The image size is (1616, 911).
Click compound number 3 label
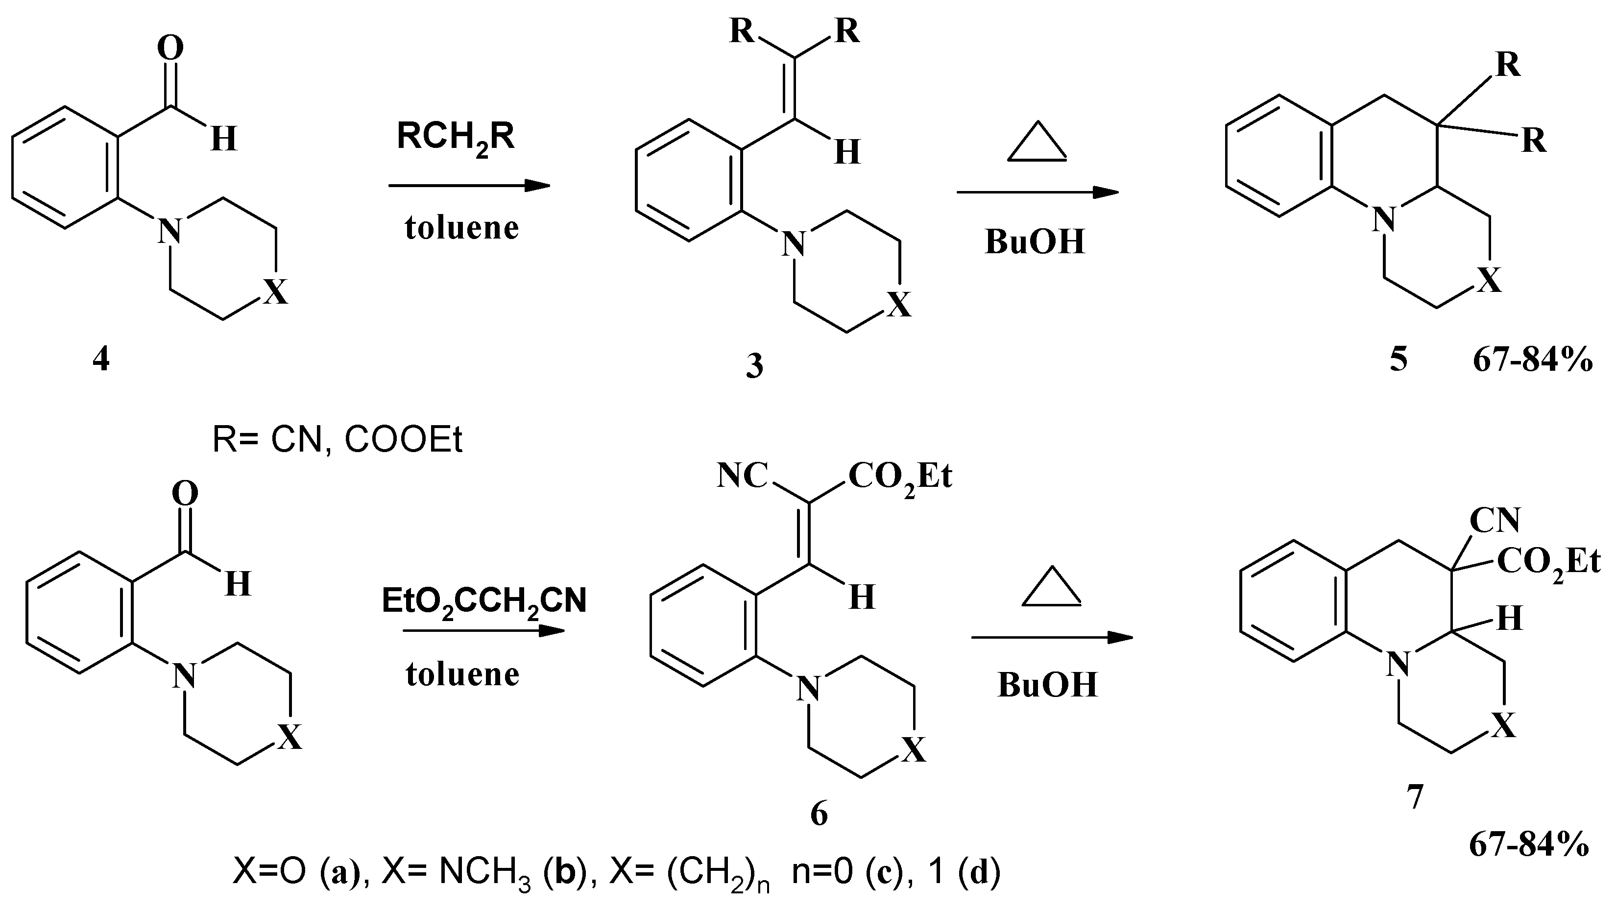tap(754, 365)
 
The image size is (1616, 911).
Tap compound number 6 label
tap(819, 814)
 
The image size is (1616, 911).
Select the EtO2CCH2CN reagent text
tap(483, 601)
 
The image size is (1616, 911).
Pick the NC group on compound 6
tap(743, 477)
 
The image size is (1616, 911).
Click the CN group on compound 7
tap(1495, 520)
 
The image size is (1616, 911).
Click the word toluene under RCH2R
tap(462, 228)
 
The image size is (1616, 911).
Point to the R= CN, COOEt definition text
tap(338, 440)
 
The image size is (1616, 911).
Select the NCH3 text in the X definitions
tap(483, 873)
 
